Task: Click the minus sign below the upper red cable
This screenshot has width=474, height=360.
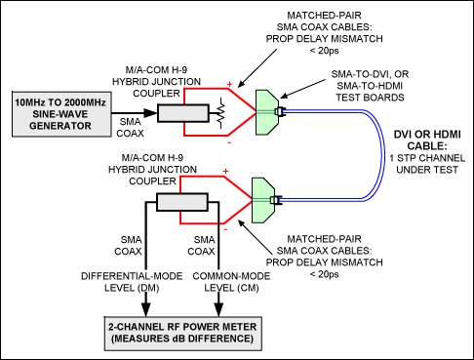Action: [229, 141]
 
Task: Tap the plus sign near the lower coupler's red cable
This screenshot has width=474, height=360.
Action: [225, 172]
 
